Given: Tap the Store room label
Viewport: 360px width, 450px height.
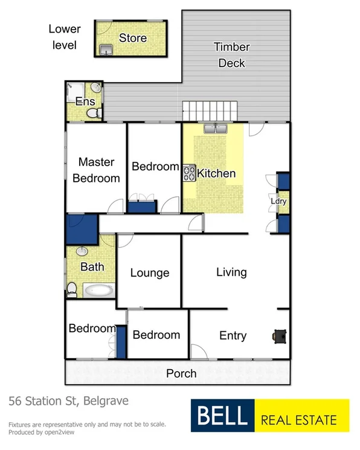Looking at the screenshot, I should coord(133,37).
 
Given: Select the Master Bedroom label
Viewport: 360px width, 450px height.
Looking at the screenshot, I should coord(96,170).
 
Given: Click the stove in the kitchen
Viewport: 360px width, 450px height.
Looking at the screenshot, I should coord(188,174).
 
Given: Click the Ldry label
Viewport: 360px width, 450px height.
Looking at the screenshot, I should coord(278,201).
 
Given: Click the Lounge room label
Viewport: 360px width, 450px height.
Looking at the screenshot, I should coord(150,273).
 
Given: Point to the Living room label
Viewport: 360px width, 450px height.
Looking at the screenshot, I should coord(231,272).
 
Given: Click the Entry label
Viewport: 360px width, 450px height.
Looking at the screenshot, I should coord(233,336).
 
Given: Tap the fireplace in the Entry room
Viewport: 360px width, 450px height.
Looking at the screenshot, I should coord(280,335).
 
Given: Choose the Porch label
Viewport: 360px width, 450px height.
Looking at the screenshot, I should coord(181,373).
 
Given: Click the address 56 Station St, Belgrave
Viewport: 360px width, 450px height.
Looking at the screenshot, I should coord(68,401).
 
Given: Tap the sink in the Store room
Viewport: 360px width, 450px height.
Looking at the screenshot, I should coord(107,50).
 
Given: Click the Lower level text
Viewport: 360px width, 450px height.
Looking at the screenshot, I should coord(64,37).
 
